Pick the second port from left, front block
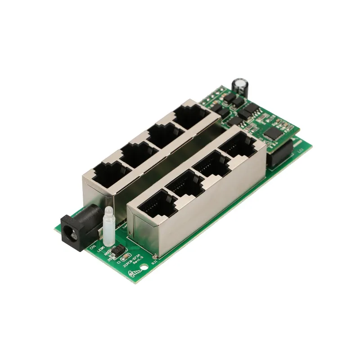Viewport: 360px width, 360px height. click(x=181, y=186)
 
